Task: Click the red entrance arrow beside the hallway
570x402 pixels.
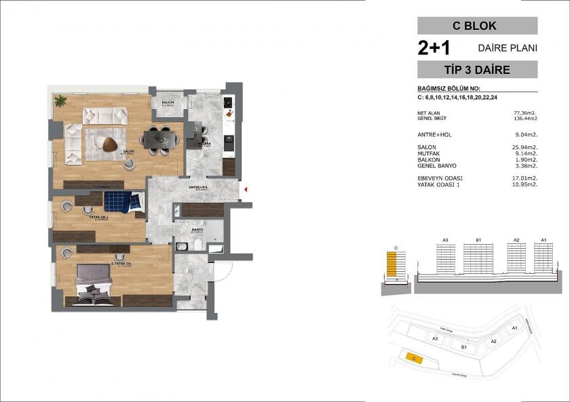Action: pyautogui.click(x=246, y=190)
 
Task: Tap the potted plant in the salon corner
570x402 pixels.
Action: pyautogui.click(x=60, y=101)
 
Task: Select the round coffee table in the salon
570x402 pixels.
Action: pyautogui.click(x=108, y=142)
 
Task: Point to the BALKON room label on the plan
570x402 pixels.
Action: pyautogui.click(x=167, y=104)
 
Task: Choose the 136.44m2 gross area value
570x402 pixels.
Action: pyautogui.click(x=523, y=117)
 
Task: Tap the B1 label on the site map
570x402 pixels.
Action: pyautogui.click(x=464, y=347)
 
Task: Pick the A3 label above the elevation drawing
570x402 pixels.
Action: pyautogui.click(x=446, y=240)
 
